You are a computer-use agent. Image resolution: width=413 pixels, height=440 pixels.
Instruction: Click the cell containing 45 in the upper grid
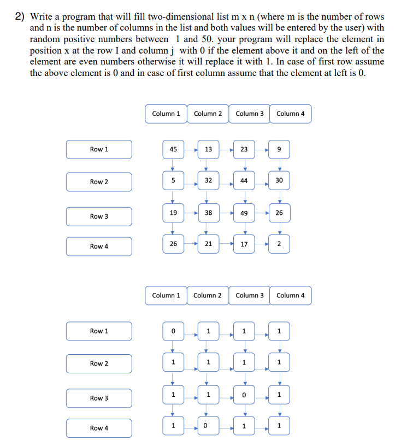point(173,149)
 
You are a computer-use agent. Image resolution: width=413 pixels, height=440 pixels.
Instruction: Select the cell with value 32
point(208,180)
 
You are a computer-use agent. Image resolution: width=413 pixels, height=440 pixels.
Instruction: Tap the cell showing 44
point(244,180)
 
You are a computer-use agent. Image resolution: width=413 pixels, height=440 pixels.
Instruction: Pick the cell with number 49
point(244,213)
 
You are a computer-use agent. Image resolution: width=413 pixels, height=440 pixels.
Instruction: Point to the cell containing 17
point(244,244)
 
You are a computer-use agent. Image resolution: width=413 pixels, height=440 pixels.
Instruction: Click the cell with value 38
point(208,213)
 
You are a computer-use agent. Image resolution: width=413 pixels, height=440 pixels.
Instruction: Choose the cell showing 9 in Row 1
point(280,149)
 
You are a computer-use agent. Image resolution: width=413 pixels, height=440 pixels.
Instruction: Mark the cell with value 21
point(208,244)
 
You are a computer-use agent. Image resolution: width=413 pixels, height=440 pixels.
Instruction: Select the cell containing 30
point(280,180)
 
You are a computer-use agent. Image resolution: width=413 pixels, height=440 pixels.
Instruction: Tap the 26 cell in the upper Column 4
point(280,213)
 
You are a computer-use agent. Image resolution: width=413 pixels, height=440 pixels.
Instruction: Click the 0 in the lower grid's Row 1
point(173,331)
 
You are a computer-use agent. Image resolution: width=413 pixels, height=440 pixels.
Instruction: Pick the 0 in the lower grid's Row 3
point(244,395)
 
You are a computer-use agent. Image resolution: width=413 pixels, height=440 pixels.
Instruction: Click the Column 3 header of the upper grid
point(250,114)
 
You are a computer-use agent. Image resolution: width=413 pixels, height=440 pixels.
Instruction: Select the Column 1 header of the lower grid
point(166,295)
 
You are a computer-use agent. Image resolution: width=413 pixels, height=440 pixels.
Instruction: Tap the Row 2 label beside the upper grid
point(99,182)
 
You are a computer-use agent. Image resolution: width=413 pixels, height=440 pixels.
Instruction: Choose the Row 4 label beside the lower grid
point(99,428)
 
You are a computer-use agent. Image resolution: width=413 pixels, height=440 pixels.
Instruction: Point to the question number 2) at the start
point(20,17)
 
